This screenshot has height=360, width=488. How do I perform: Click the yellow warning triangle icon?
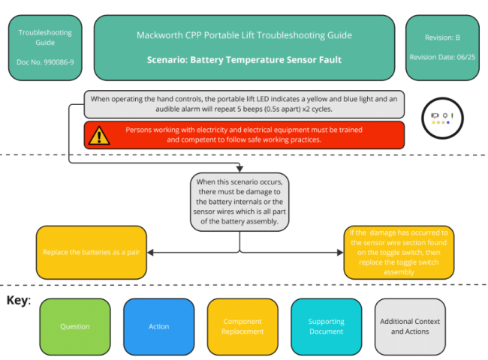(x=99, y=135)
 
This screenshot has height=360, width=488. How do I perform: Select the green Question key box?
(x=75, y=326)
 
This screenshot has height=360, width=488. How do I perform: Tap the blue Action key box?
(x=158, y=326)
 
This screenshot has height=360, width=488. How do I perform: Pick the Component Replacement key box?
(x=242, y=326)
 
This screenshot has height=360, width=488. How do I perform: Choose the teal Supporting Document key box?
(x=326, y=326)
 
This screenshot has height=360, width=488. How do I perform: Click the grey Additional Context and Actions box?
(x=410, y=326)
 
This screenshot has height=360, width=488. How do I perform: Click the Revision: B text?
(x=442, y=36)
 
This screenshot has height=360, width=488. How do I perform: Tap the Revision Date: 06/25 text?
(x=442, y=57)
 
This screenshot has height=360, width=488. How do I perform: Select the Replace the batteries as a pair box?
(x=91, y=252)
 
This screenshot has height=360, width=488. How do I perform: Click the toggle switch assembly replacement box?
(x=398, y=252)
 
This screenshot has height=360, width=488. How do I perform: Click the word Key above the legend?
(x=18, y=301)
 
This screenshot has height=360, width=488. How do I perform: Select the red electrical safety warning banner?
(x=244, y=135)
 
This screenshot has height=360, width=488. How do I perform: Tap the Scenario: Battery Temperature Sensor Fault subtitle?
(x=244, y=59)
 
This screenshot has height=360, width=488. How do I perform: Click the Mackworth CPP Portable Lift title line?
(x=244, y=35)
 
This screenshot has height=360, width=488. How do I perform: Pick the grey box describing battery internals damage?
(x=239, y=202)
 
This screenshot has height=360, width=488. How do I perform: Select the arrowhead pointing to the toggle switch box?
(x=340, y=252)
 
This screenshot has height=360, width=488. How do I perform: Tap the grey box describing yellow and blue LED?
(x=244, y=103)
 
